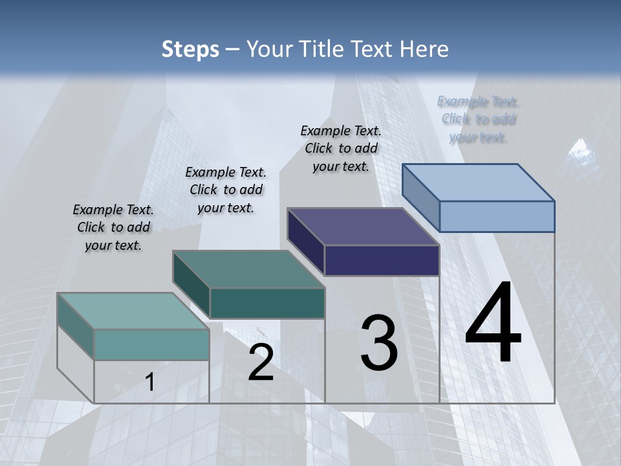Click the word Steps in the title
pos(190,49)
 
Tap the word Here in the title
pos(424,49)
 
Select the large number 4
pos(493,324)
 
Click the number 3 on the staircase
pos(379,343)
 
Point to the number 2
pos(261,362)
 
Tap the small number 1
pos(150,382)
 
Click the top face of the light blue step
pos(479,182)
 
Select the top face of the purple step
pos(363,227)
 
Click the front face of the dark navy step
pos(382,260)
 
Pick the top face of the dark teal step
pos(248,269)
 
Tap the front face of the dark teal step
pos(267,303)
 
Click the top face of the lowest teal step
pos(133,311)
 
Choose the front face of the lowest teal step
pos(151,344)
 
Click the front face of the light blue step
pos(497,216)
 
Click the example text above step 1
pos(113,227)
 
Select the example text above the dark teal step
pos(226,190)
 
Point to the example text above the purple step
pos(341,148)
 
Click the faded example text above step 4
pos(478,119)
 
